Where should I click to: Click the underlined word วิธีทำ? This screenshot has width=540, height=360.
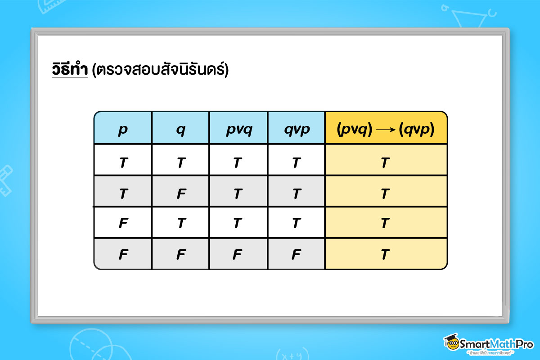(x=69, y=70)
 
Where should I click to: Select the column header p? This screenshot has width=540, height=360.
(x=123, y=130)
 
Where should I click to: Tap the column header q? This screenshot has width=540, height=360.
(x=181, y=130)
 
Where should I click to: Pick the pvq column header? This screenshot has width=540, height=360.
(x=239, y=130)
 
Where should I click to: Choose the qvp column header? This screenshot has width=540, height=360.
(x=296, y=130)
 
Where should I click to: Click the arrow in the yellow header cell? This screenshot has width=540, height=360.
(x=385, y=130)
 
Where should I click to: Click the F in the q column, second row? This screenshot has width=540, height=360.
(x=181, y=193)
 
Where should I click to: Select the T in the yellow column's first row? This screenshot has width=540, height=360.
(x=385, y=162)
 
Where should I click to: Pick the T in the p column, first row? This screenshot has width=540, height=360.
(x=123, y=162)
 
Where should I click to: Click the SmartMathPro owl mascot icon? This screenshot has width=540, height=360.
(x=451, y=343)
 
